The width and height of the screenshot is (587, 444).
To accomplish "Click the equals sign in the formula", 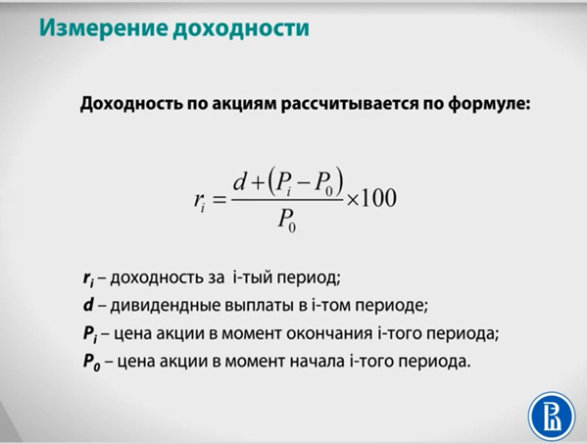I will pos(218,201).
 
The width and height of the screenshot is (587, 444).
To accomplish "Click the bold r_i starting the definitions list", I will pos(90,277).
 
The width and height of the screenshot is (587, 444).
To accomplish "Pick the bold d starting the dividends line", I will pos(88,305).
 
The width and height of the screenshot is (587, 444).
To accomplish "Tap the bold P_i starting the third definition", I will pos(90,333).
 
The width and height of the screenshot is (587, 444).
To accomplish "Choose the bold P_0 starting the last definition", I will pos(91,362).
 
